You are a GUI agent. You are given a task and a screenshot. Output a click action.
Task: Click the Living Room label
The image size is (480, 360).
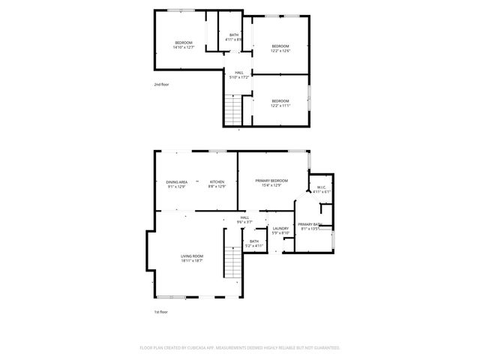point(192,259)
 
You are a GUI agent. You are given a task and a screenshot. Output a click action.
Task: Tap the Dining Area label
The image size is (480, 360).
point(177,184)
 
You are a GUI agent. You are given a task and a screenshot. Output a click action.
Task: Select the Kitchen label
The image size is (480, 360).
point(217,184)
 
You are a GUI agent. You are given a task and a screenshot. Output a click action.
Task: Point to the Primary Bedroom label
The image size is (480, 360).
point(271,183)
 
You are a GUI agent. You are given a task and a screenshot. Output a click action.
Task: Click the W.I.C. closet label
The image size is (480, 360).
point(321,189)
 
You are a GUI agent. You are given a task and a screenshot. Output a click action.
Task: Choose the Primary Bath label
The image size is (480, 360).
point(309,226)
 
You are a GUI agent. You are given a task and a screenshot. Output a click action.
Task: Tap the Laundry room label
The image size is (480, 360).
point(281,230)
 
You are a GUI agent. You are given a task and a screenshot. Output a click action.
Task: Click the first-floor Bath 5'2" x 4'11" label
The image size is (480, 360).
point(254,243)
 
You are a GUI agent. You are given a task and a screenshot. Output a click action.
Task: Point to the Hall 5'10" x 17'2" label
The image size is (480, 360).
point(239,74)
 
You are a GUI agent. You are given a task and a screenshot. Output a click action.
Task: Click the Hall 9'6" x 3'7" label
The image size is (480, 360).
point(244,220)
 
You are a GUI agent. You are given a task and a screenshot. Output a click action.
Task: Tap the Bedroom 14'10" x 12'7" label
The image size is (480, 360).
point(184,44)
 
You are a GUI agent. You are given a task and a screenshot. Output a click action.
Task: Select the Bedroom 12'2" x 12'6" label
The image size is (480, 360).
point(280,49)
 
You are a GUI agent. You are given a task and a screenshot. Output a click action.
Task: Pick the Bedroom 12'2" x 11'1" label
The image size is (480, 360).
point(280,103)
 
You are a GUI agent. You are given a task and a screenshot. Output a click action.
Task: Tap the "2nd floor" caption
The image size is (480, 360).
point(161,85)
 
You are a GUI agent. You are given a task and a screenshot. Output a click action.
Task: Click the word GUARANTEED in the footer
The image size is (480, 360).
point(323,348)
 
